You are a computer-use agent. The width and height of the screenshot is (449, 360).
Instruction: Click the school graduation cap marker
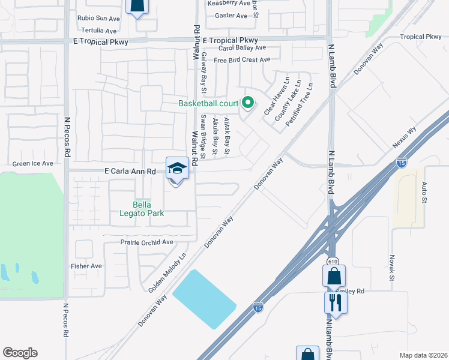click(x=177, y=168)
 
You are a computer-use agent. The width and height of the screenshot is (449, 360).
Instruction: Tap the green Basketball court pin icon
click(x=248, y=103)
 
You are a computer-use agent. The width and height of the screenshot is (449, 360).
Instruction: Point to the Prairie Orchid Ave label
click(x=139, y=242)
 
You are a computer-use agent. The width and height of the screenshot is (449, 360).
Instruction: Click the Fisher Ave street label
click(x=86, y=266)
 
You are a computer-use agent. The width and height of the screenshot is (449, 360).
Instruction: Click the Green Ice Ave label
click(x=33, y=163)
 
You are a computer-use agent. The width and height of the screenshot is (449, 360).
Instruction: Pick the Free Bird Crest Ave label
click(x=242, y=60)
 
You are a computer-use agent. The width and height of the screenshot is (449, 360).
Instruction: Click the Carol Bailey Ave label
click(x=242, y=47)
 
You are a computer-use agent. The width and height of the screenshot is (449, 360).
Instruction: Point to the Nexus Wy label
click(x=405, y=137)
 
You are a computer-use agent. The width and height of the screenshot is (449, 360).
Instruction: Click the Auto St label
click(x=424, y=191)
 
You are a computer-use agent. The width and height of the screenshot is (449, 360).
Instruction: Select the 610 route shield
click(x=331, y=262)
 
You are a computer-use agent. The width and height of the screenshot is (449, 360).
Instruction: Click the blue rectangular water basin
click(x=204, y=299)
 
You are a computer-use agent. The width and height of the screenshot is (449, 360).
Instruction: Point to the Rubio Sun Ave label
click(x=98, y=18)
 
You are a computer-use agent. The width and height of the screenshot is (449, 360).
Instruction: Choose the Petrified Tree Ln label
click(x=300, y=104)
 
